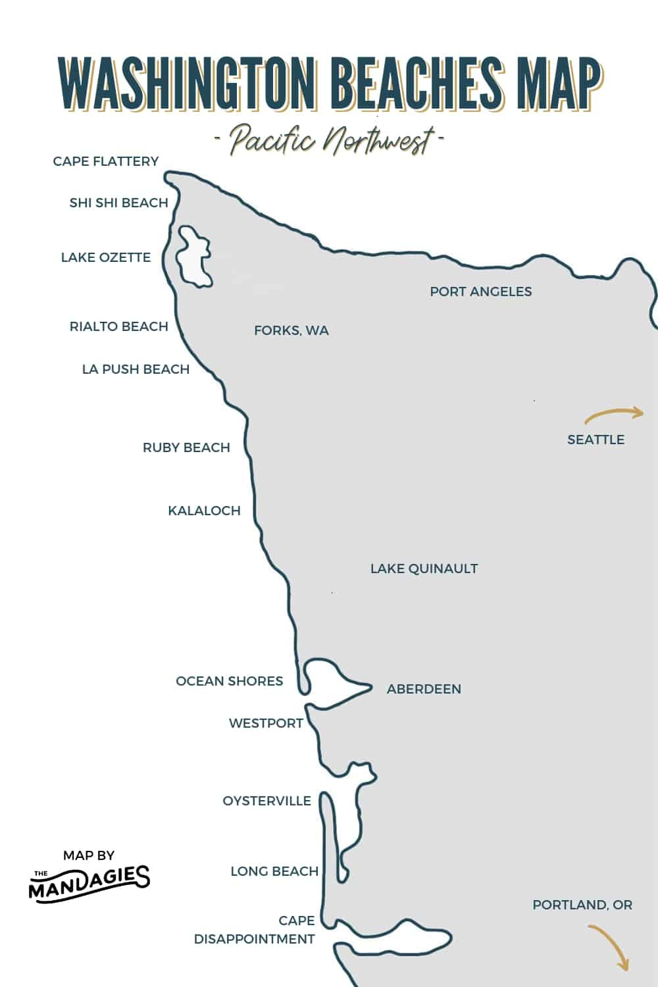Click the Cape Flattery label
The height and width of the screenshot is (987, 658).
click(106, 161)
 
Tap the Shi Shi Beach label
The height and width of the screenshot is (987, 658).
click(119, 203)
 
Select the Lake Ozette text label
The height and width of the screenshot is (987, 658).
click(106, 257)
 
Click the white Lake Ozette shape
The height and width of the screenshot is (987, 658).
click(194, 259)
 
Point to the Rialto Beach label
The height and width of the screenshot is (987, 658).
click(119, 326)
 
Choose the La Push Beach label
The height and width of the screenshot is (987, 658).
click(136, 369)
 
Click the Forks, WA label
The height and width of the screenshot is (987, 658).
click(291, 330)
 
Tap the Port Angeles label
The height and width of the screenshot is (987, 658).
click(481, 291)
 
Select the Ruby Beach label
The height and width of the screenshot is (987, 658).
click(186, 447)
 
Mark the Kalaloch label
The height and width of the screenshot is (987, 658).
click(204, 511)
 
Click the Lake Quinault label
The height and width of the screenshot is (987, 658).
click(424, 569)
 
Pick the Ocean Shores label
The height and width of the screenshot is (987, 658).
click(229, 681)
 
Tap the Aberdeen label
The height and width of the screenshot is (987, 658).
click(424, 689)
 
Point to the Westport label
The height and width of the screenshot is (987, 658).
click(266, 723)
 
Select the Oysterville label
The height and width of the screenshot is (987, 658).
click(266, 801)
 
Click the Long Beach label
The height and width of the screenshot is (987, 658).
click(274, 871)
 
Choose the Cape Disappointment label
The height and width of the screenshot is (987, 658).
click(255, 930)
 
